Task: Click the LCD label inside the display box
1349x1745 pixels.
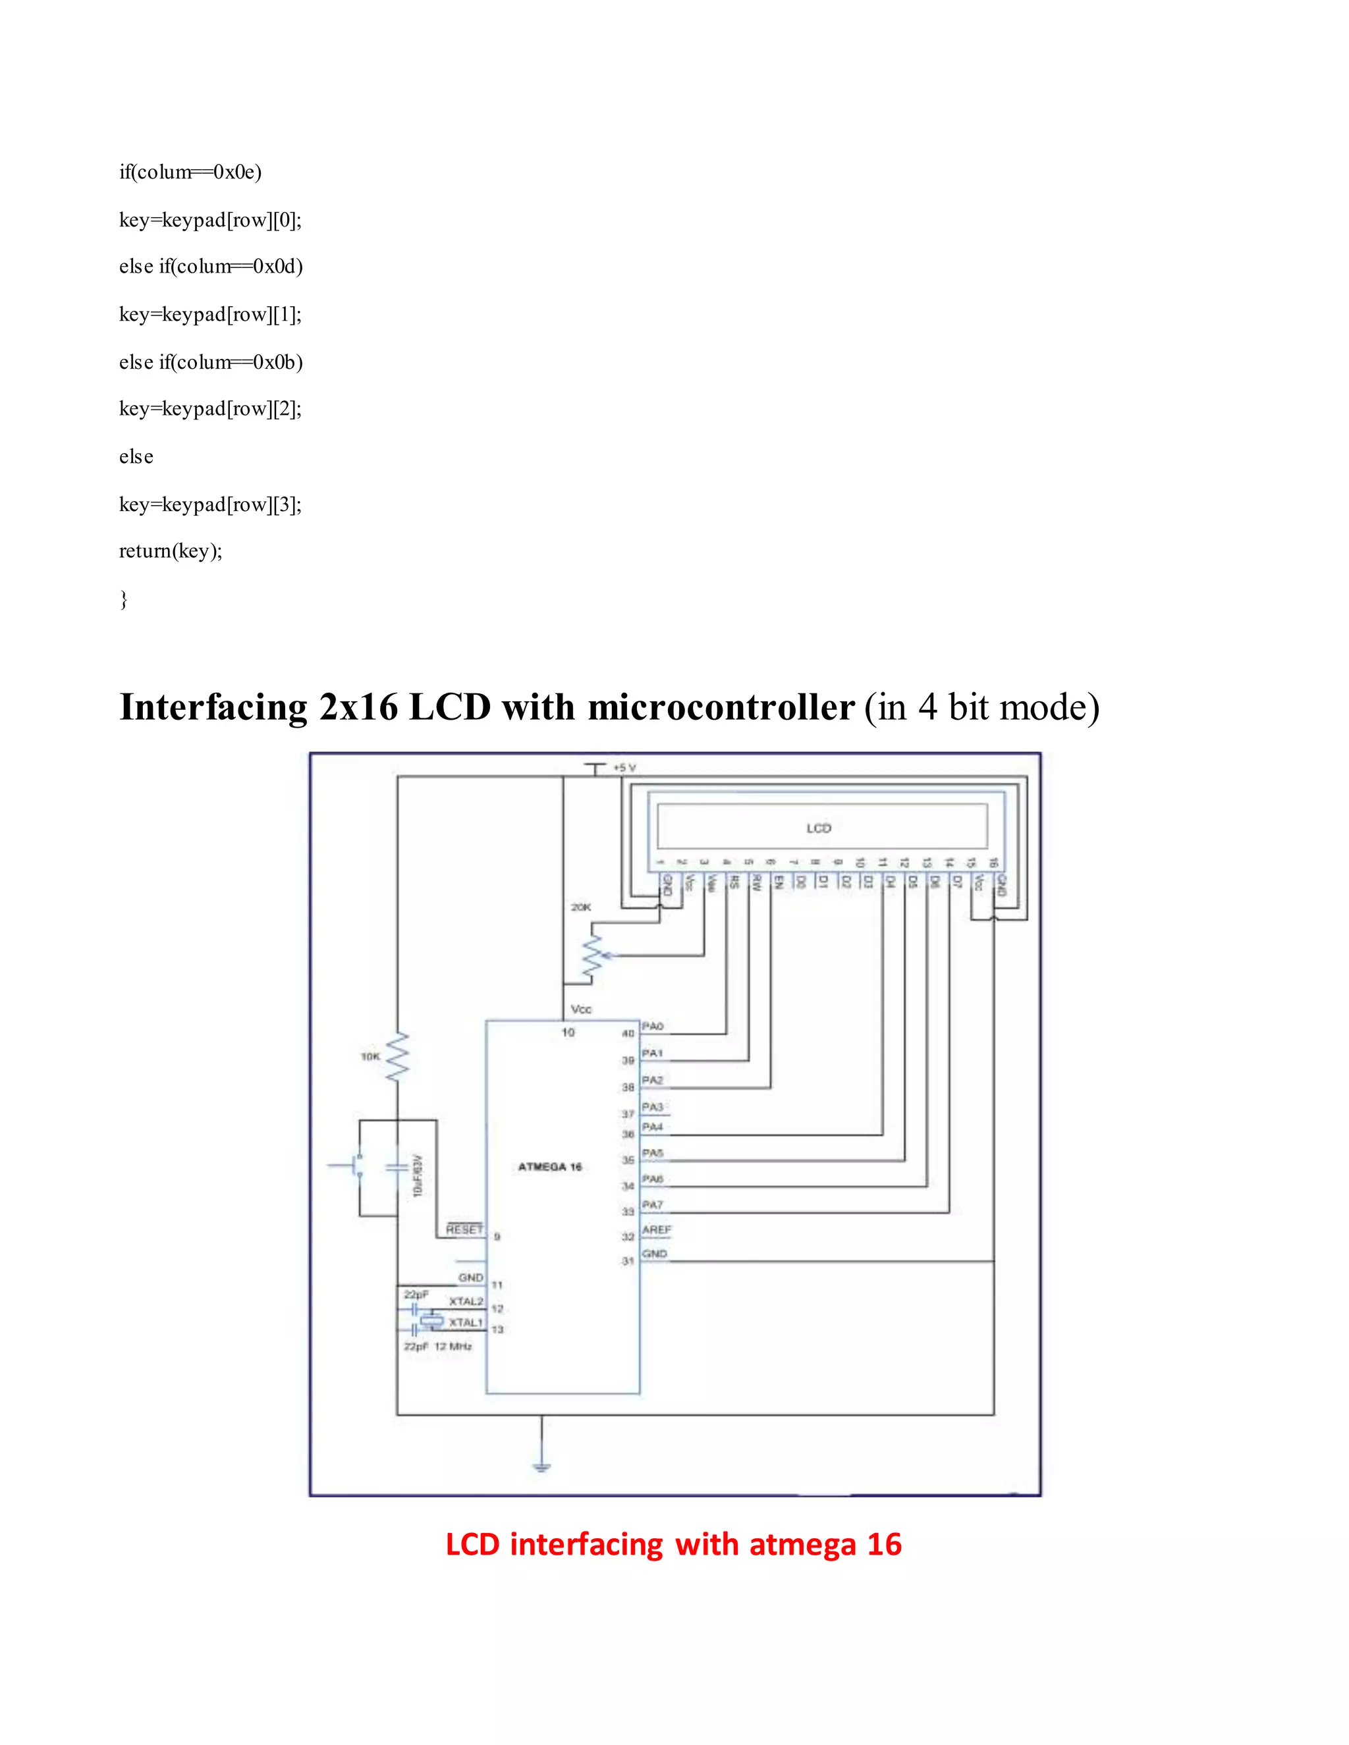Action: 818,828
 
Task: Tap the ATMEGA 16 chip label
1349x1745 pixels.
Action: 550,1167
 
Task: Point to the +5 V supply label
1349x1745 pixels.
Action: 624,767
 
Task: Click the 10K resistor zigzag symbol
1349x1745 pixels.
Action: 397,1058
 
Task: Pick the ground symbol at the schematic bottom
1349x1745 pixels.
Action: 542,1466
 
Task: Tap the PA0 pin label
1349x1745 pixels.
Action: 653,1026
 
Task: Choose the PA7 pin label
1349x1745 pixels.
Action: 653,1204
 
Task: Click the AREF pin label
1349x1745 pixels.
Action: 656,1229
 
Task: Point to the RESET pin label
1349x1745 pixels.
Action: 464,1229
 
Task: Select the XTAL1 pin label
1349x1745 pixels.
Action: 466,1322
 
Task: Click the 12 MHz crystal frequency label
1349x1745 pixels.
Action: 453,1347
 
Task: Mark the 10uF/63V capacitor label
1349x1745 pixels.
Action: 417,1175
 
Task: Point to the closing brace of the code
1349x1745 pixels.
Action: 124,599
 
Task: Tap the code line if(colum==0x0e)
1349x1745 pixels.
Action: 190,172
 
